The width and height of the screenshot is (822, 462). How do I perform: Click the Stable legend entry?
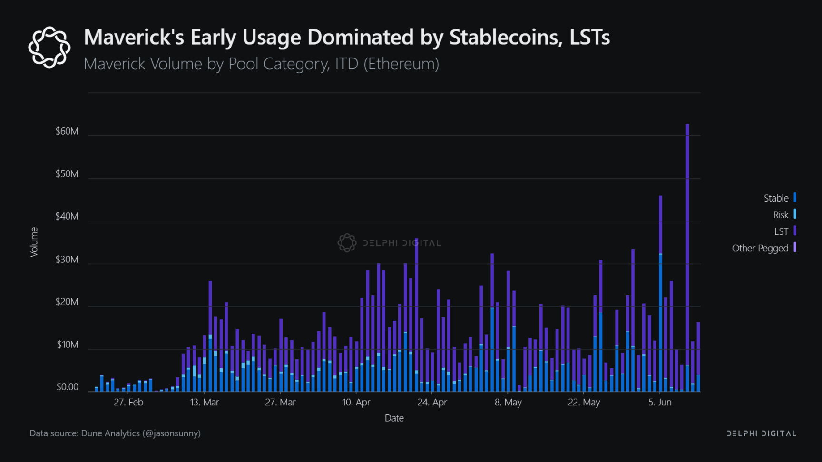click(776, 198)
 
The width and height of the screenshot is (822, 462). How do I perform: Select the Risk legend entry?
click(781, 215)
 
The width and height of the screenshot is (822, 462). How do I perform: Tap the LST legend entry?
click(781, 231)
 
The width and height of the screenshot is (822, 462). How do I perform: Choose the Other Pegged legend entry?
click(760, 248)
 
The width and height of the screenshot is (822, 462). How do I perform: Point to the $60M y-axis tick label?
click(67, 131)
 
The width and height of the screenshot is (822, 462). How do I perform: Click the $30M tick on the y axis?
click(67, 260)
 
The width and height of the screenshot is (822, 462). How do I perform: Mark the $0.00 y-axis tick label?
click(67, 387)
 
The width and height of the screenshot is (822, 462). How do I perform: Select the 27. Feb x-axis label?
click(128, 402)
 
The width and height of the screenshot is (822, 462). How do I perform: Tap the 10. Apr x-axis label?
click(356, 402)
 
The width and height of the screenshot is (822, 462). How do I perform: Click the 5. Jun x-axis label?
click(660, 402)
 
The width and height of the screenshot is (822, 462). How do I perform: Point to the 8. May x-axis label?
click(508, 402)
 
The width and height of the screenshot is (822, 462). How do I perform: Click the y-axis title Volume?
click(34, 242)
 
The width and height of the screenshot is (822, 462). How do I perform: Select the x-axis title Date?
click(394, 418)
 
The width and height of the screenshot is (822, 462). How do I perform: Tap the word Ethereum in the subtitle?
click(401, 64)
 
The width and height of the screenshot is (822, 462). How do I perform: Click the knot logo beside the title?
click(49, 48)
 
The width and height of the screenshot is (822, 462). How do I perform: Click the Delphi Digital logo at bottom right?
click(761, 433)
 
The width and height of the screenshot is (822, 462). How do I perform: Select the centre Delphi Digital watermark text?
click(402, 243)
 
